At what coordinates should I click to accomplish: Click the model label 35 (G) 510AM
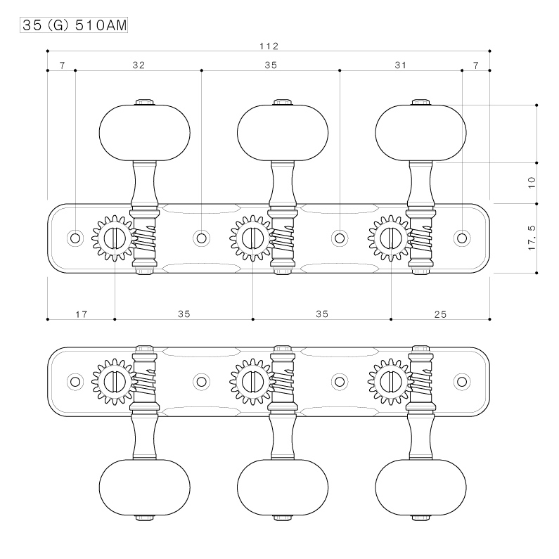74,25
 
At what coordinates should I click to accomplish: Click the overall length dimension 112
269,46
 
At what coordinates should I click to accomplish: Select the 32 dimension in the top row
139,65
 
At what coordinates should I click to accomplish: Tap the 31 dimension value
400,65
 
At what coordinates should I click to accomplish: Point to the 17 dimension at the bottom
82,314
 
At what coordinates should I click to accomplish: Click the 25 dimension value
440,314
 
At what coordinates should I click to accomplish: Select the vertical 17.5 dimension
532,238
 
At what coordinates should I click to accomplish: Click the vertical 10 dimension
532,183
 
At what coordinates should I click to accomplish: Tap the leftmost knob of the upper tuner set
144,133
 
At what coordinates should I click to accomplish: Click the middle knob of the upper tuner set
283,133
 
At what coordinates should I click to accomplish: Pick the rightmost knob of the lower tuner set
420,487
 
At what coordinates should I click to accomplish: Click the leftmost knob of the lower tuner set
144,487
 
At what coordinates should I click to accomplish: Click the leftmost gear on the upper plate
114,238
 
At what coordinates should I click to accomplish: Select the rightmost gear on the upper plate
391,238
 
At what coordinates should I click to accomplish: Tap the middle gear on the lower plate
252,382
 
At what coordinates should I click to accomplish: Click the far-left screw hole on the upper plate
75,238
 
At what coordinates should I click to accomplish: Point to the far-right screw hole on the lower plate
462,382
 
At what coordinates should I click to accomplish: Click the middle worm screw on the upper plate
283,238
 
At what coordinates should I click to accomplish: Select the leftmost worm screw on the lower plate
144,382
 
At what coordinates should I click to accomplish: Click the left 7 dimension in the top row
63,65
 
